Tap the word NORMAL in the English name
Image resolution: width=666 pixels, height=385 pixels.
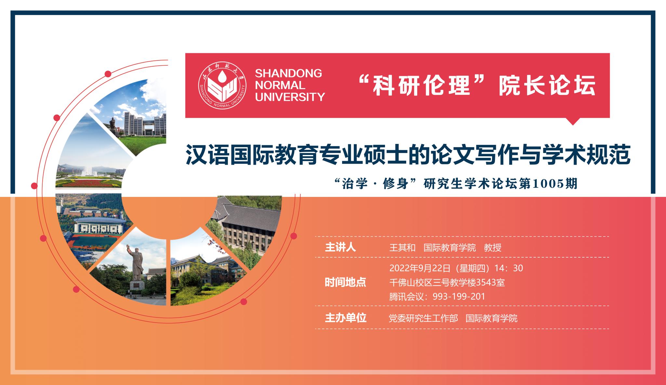pos(280,85)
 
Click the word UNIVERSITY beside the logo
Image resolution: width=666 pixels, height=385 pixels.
pos(290,97)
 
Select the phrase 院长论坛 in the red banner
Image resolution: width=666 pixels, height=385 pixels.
pos(547,85)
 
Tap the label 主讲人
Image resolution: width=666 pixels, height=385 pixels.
pos(340,248)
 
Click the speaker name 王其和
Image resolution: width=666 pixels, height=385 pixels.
pos(402,248)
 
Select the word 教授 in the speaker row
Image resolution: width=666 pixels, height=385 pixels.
pos(493,248)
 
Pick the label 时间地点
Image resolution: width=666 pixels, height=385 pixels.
pos(345,282)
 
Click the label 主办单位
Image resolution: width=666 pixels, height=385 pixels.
pos(345,318)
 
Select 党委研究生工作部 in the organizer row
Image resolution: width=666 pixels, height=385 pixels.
pos(423,318)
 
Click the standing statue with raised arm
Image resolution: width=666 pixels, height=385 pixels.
pos(137,266)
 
